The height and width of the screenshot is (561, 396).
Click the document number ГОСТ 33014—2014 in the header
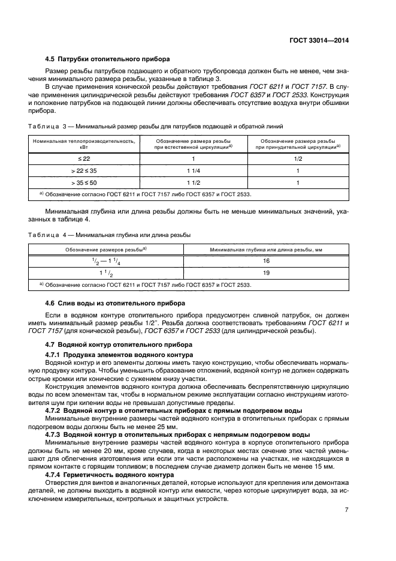click(x=319, y=40)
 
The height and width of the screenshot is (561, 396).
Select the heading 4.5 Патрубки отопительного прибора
click(x=108, y=59)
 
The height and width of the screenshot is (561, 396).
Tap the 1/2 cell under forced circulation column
click(x=298, y=158)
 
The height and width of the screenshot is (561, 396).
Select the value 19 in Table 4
click(x=267, y=272)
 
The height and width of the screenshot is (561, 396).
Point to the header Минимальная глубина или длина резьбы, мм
click(x=267, y=249)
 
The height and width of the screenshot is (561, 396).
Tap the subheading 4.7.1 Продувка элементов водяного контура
click(x=119, y=355)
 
